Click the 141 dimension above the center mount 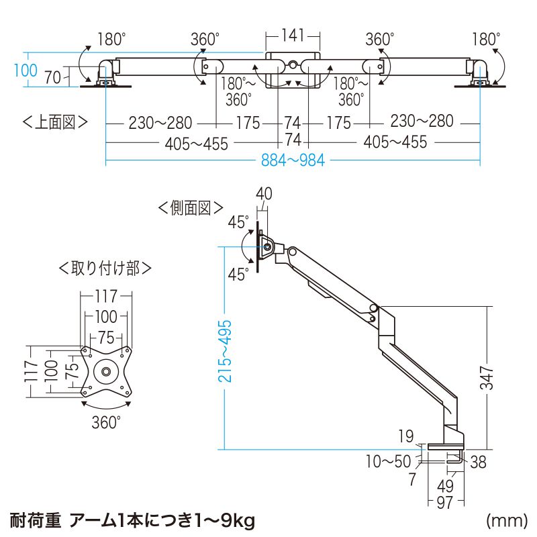coord(292,34)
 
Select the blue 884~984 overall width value coord(293,161)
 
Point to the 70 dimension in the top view coord(54,77)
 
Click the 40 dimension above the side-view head coord(264,194)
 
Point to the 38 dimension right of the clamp coord(477,462)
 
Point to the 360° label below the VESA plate coord(106,422)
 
